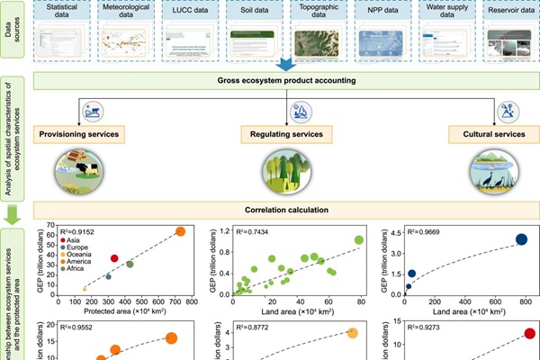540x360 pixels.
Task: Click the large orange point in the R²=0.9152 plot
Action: (179, 232)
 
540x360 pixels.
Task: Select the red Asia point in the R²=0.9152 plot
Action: (114, 258)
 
